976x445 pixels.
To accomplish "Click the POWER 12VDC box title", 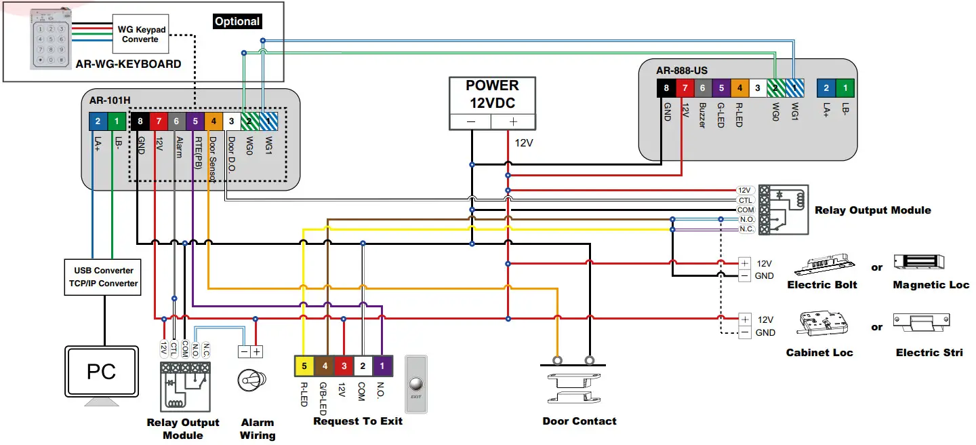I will pyautogui.click(x=493, y=94).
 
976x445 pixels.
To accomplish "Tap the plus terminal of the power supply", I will pyautogui.click(x=513, y=121).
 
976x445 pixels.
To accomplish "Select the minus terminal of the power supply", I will pyautogui.click(x=471, y=121).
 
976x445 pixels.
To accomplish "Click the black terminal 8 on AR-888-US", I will pyautogui.click(x=666, y=88).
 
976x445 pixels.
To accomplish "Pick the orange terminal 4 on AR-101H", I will pyautogui.click(x=213, y=121).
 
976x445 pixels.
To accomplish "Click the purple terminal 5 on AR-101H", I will pyautogui.click(x=195, y=121).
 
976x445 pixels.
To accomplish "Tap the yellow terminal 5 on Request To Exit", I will pyautogui.click(x=304, y=366).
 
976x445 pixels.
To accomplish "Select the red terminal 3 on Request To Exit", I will pyautogui.click(x=344, y=366).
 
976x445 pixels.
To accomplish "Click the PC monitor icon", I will pyautogui.click(x=101, y=372).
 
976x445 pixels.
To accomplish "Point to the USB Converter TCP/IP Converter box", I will pyautogui.click(x=103, y=277).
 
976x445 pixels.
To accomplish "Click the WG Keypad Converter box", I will pyautogui.click(x=140, y=35).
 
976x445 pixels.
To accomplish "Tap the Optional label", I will pyautogui.click(x=237, y=22).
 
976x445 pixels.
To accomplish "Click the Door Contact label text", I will pyautogui.click(x=579, y=421).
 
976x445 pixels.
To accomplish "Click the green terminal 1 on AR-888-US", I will pyautogui.click(x=845, y=88).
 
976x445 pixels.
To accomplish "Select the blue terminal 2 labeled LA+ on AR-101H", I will pyautogui.click(x=98, y=121).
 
